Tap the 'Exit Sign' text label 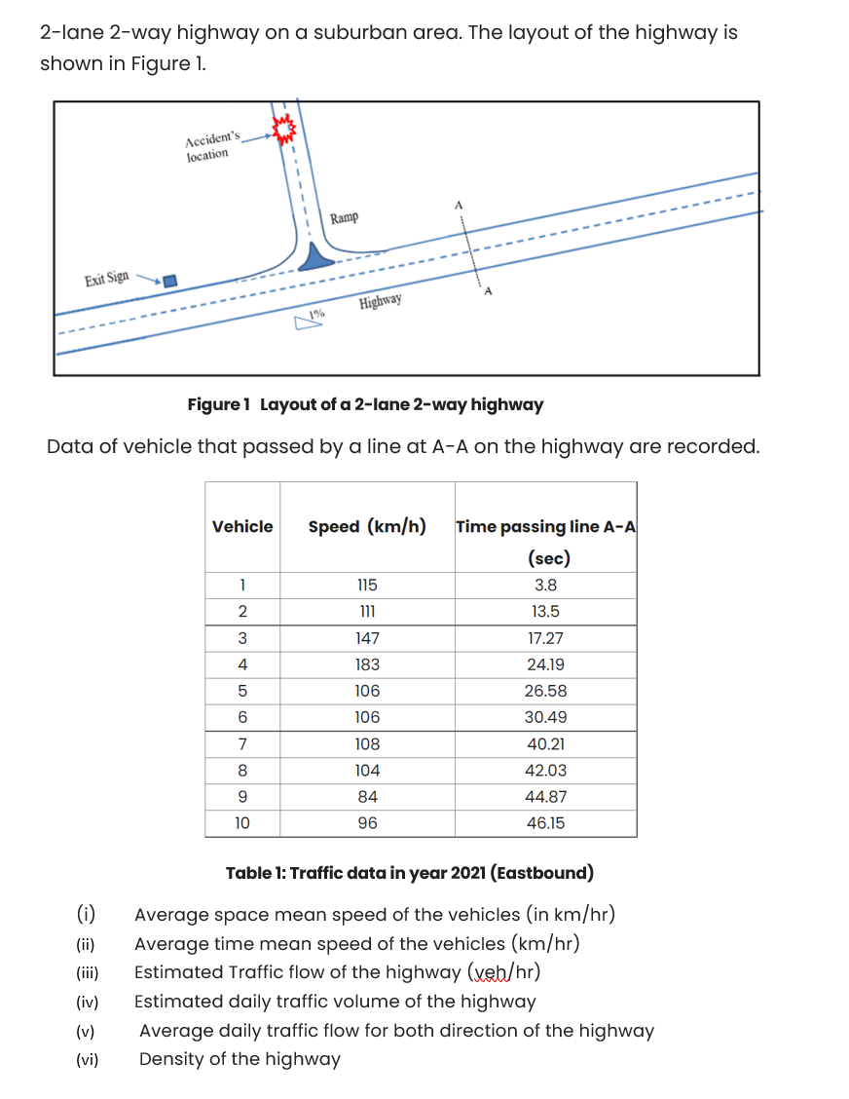click(106, 279)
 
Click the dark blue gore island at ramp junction click(314, 259)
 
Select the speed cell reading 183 click(367, 664)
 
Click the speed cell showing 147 click(367, 638)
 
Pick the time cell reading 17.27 click(545, 638)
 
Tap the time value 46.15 click(545, 822)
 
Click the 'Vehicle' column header click(242, 526)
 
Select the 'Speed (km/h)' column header click(367, 526)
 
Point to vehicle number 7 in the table click(242, 743)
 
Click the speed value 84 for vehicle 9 click(367, 796)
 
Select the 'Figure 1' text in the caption click(219, 404)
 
